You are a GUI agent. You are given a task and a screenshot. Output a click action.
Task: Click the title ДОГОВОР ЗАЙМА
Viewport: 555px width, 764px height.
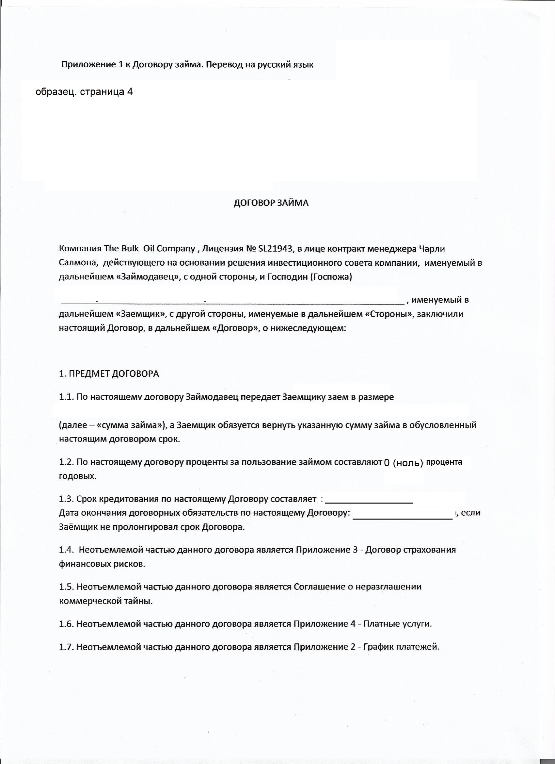[271, 203]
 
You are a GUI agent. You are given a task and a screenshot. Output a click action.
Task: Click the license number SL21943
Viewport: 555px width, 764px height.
[275, 249]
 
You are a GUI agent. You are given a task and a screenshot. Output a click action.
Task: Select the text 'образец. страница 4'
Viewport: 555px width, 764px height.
[84, 92]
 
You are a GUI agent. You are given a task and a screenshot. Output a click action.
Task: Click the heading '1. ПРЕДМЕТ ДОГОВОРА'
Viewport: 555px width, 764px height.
[109, 374]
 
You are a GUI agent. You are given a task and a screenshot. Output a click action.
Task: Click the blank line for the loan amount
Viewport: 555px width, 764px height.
[192, 413]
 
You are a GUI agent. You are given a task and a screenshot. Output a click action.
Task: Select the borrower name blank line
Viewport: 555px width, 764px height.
[232, 302]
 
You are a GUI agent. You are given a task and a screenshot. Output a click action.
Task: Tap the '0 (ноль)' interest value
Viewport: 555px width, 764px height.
[403, 463]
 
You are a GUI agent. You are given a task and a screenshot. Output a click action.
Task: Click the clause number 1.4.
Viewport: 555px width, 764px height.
[66, 550]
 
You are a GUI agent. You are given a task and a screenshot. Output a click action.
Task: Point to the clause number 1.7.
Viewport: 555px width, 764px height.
[66, 647]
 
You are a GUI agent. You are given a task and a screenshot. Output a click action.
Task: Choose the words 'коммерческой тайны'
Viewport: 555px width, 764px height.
[105, 601]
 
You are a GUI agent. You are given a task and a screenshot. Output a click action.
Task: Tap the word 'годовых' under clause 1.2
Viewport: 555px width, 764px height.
[77, 477]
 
